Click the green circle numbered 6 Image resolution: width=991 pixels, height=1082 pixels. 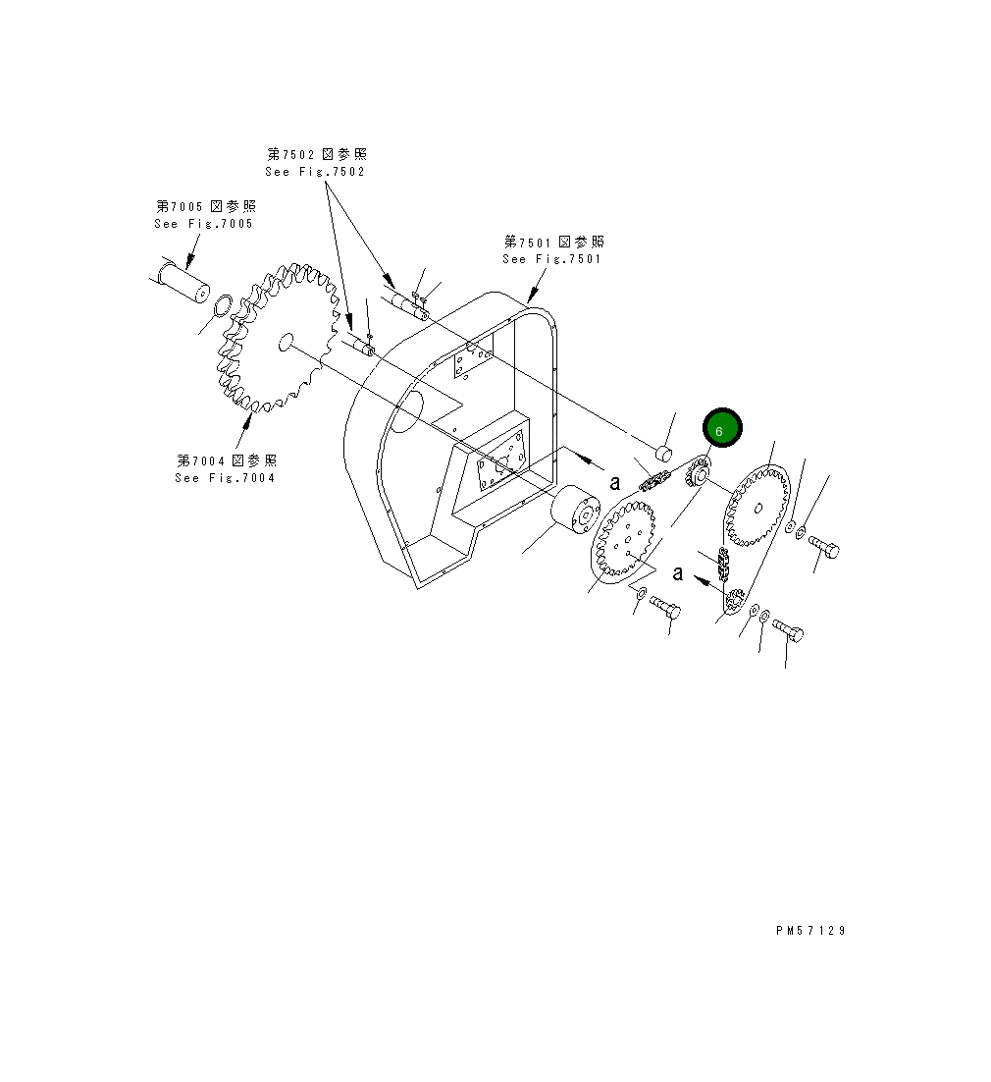click(x=721, y=429)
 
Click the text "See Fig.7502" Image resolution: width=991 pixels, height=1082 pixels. click(x=315, y=172)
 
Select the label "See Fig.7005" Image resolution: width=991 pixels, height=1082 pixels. click(x=203, y=224)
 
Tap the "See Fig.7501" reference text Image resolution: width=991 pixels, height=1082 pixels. click(x=551, y=259)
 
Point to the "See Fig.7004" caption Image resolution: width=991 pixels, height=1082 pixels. click(x=225, y=478)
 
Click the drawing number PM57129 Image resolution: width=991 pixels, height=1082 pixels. click(x=809, y=931)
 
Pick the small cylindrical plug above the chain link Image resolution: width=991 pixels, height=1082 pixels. click(x=663, y=453)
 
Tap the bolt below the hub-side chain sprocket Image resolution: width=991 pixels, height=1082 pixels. click(x=665, y=607)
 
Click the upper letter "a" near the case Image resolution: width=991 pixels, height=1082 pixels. click(x=615, y=482)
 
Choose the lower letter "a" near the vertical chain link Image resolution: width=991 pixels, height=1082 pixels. click(x=678, y=574)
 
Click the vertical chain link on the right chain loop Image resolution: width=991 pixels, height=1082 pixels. click(x=724, y=565)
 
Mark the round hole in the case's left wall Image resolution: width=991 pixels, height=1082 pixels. click(x=409, y=406)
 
